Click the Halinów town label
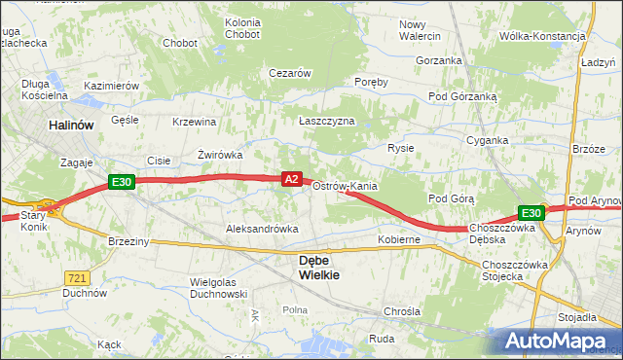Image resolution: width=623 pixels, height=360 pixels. point(71,126)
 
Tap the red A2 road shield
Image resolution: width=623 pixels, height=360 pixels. point(292,178)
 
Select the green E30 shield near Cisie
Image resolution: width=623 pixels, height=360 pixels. point(121,181)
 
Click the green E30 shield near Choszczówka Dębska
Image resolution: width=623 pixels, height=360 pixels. point(531,213)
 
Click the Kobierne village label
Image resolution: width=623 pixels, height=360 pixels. point(399,238)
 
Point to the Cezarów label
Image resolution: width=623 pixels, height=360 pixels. point(289,73)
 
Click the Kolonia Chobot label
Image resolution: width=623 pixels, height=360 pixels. point(242,28)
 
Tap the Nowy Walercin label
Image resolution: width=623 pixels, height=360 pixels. point(420,29)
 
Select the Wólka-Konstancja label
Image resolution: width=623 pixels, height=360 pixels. point(541,36)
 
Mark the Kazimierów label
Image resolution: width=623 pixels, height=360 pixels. point(112,86)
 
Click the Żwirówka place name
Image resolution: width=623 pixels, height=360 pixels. point(219,154)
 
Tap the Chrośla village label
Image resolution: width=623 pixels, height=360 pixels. point(402,311)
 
